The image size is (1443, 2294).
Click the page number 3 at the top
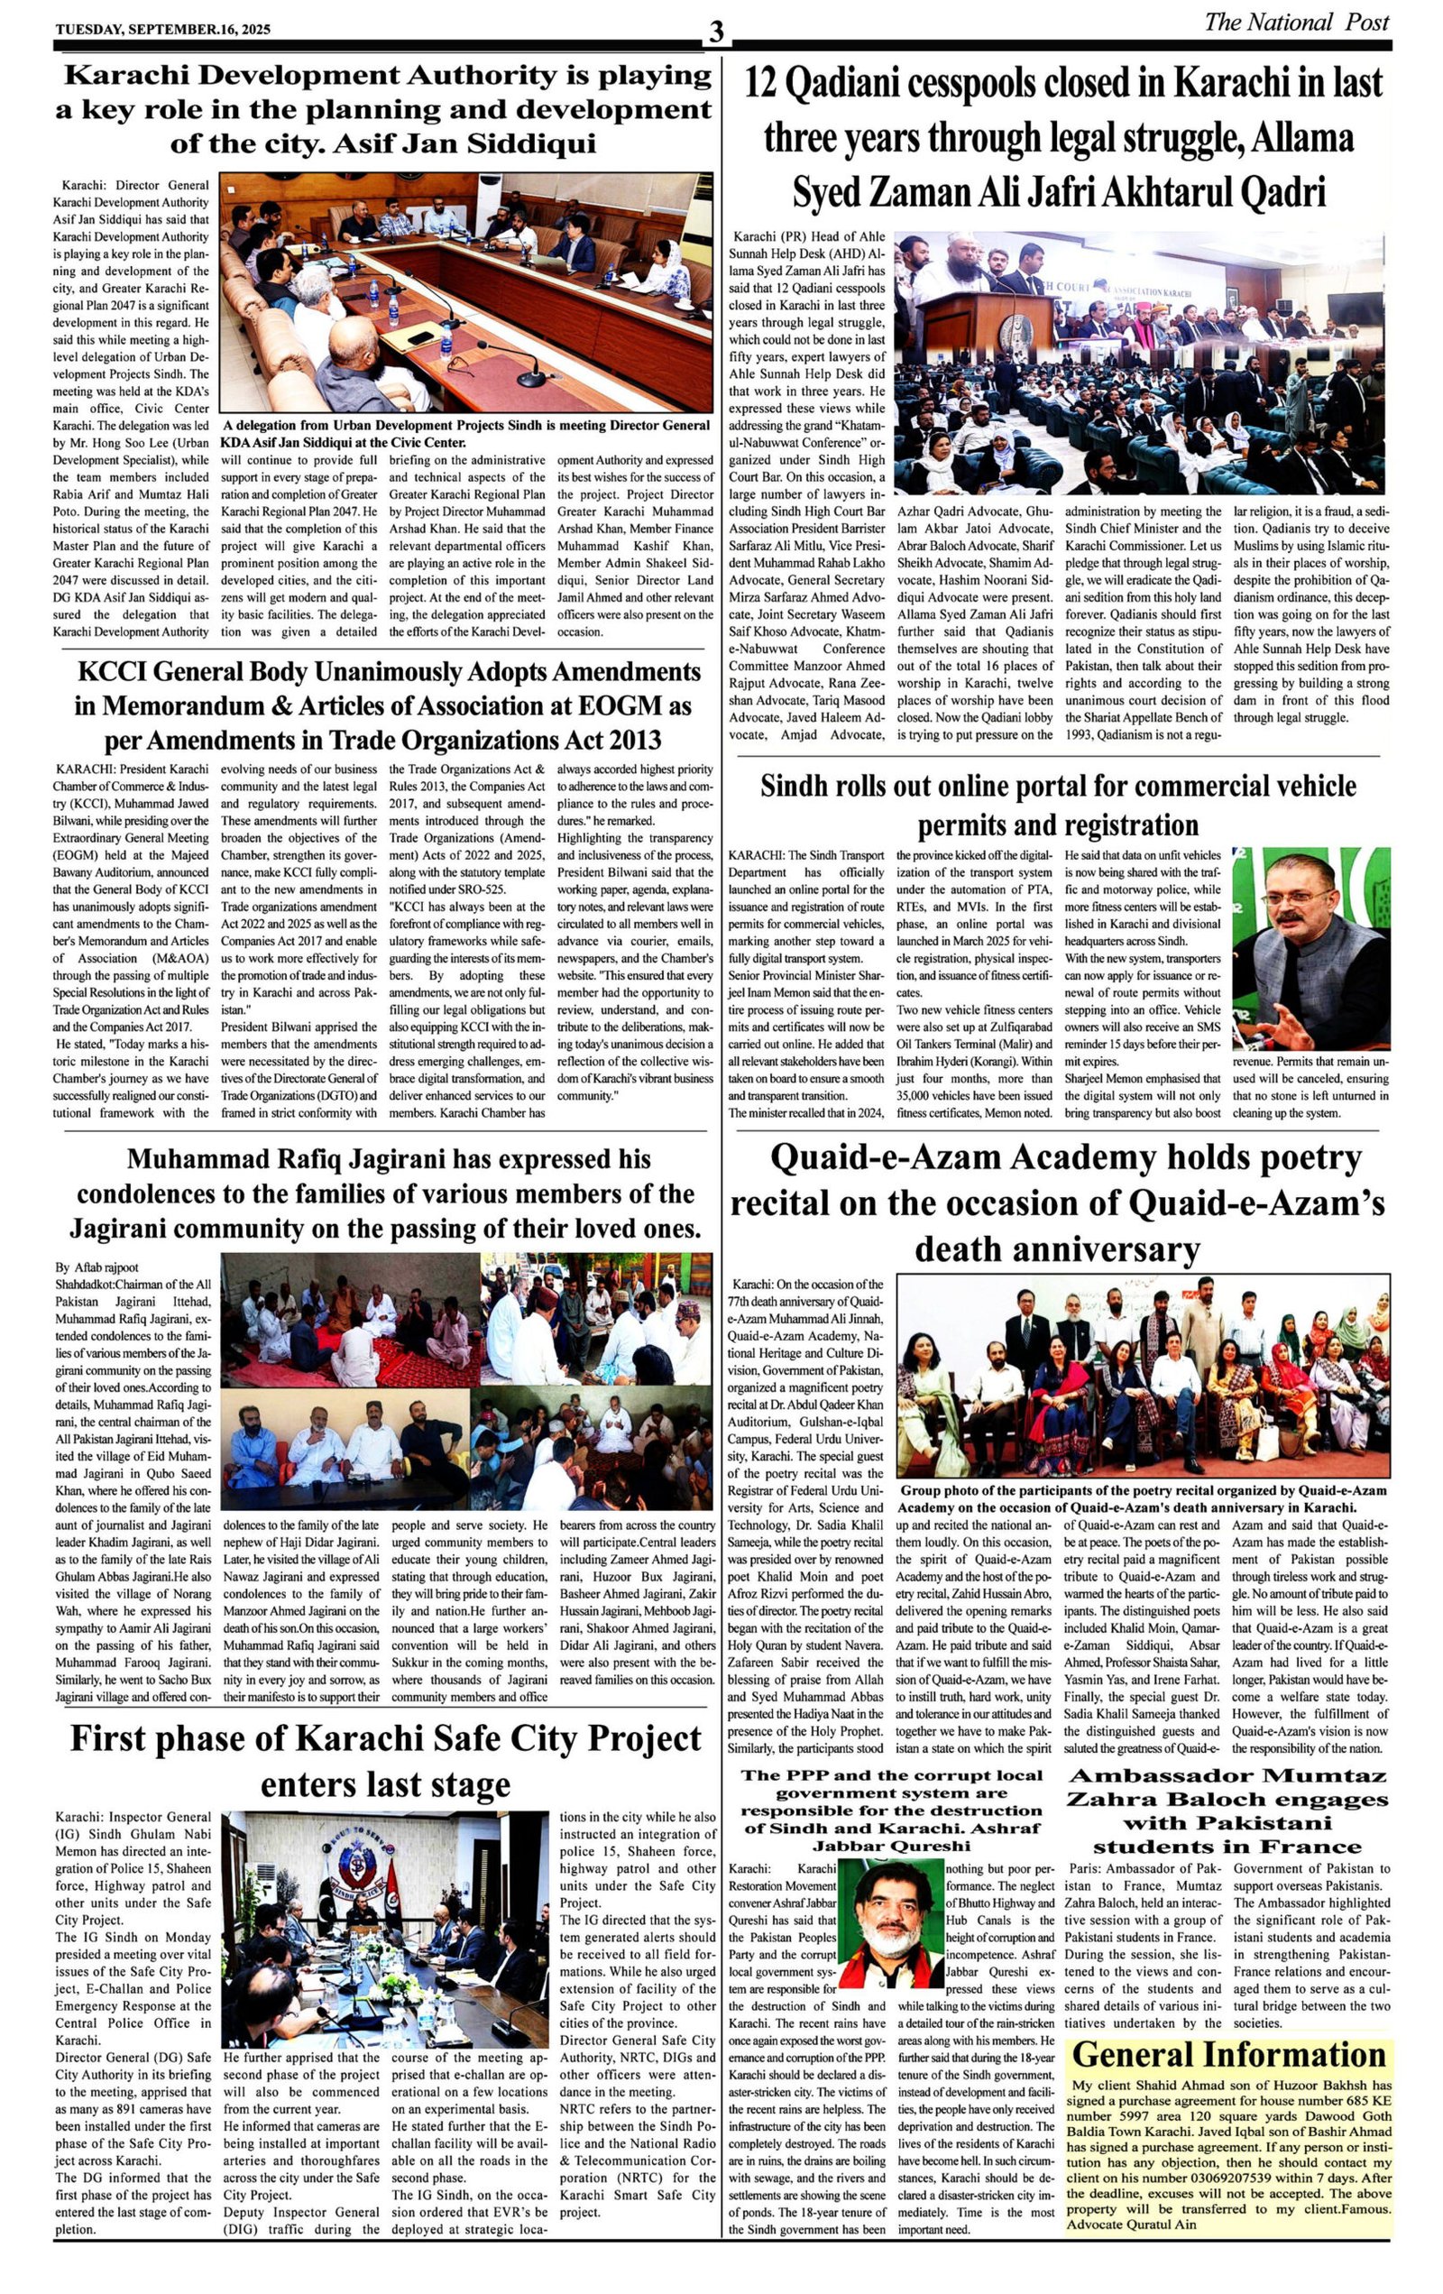click(x=715, y=32)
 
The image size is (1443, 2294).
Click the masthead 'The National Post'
click(x=1295, y=22)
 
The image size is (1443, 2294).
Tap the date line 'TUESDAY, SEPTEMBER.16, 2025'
click(x=163, y=29)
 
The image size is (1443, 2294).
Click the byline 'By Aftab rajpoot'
click(x=97, y=1267)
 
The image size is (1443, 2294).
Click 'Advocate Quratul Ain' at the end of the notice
click(x=1131, y=2225)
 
